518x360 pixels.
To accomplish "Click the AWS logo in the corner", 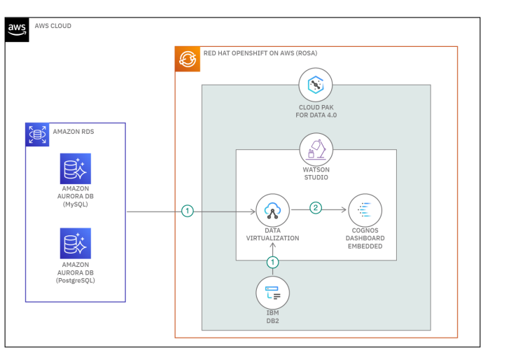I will point(17,29).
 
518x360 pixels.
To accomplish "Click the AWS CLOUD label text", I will point(53,26).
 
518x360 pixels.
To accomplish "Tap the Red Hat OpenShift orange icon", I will point(188,60).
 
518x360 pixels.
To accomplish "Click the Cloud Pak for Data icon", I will point(316,85).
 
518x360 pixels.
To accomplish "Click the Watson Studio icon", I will point(316,150).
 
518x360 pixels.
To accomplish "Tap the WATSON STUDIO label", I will point(316,174).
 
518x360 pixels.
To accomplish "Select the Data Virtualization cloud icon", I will point(273,210).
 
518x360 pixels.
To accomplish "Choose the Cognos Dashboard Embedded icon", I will point(365,210).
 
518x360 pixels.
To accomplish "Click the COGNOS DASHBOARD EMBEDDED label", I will point(365,238).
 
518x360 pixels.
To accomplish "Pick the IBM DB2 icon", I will point(273,293).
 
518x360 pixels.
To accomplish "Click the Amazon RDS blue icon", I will point(38,134).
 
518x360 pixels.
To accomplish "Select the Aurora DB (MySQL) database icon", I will point(75,168).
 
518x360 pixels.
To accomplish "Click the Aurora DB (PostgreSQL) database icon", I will point(75,243).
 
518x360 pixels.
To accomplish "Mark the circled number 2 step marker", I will point(316,208).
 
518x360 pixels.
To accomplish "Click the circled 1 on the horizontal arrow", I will point(187,210).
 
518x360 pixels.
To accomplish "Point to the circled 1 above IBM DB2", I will point(273,262).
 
